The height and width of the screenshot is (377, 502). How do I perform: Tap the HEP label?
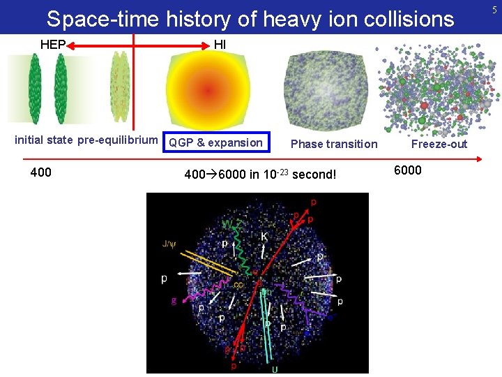click(x=53, y=45)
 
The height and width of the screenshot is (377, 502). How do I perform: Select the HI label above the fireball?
click(x=220, y=45)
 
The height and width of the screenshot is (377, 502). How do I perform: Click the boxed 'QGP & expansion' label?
click(x=215, y=142)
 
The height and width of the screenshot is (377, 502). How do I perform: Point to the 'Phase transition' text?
click(x=333, y=144)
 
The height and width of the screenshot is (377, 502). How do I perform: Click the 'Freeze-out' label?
click(x=439, y=144)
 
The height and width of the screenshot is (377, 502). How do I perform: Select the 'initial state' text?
click(x=43, y=140)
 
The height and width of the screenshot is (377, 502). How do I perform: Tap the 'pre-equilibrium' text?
click(x=117, y=140)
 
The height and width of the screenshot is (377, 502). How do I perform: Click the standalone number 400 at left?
click(x=41, y=172)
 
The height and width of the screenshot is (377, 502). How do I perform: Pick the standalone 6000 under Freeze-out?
click(x=408, y=170)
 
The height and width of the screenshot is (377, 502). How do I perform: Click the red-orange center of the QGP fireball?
click(x=207, y=90)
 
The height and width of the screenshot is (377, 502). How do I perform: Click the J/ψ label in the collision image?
click(x=169, y=244)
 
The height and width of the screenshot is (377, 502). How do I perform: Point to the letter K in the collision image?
click(x=264, y=237)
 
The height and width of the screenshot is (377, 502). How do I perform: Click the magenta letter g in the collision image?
click(x=174, y=300)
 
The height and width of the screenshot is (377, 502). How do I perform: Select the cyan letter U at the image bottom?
click(x=274, y=369)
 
